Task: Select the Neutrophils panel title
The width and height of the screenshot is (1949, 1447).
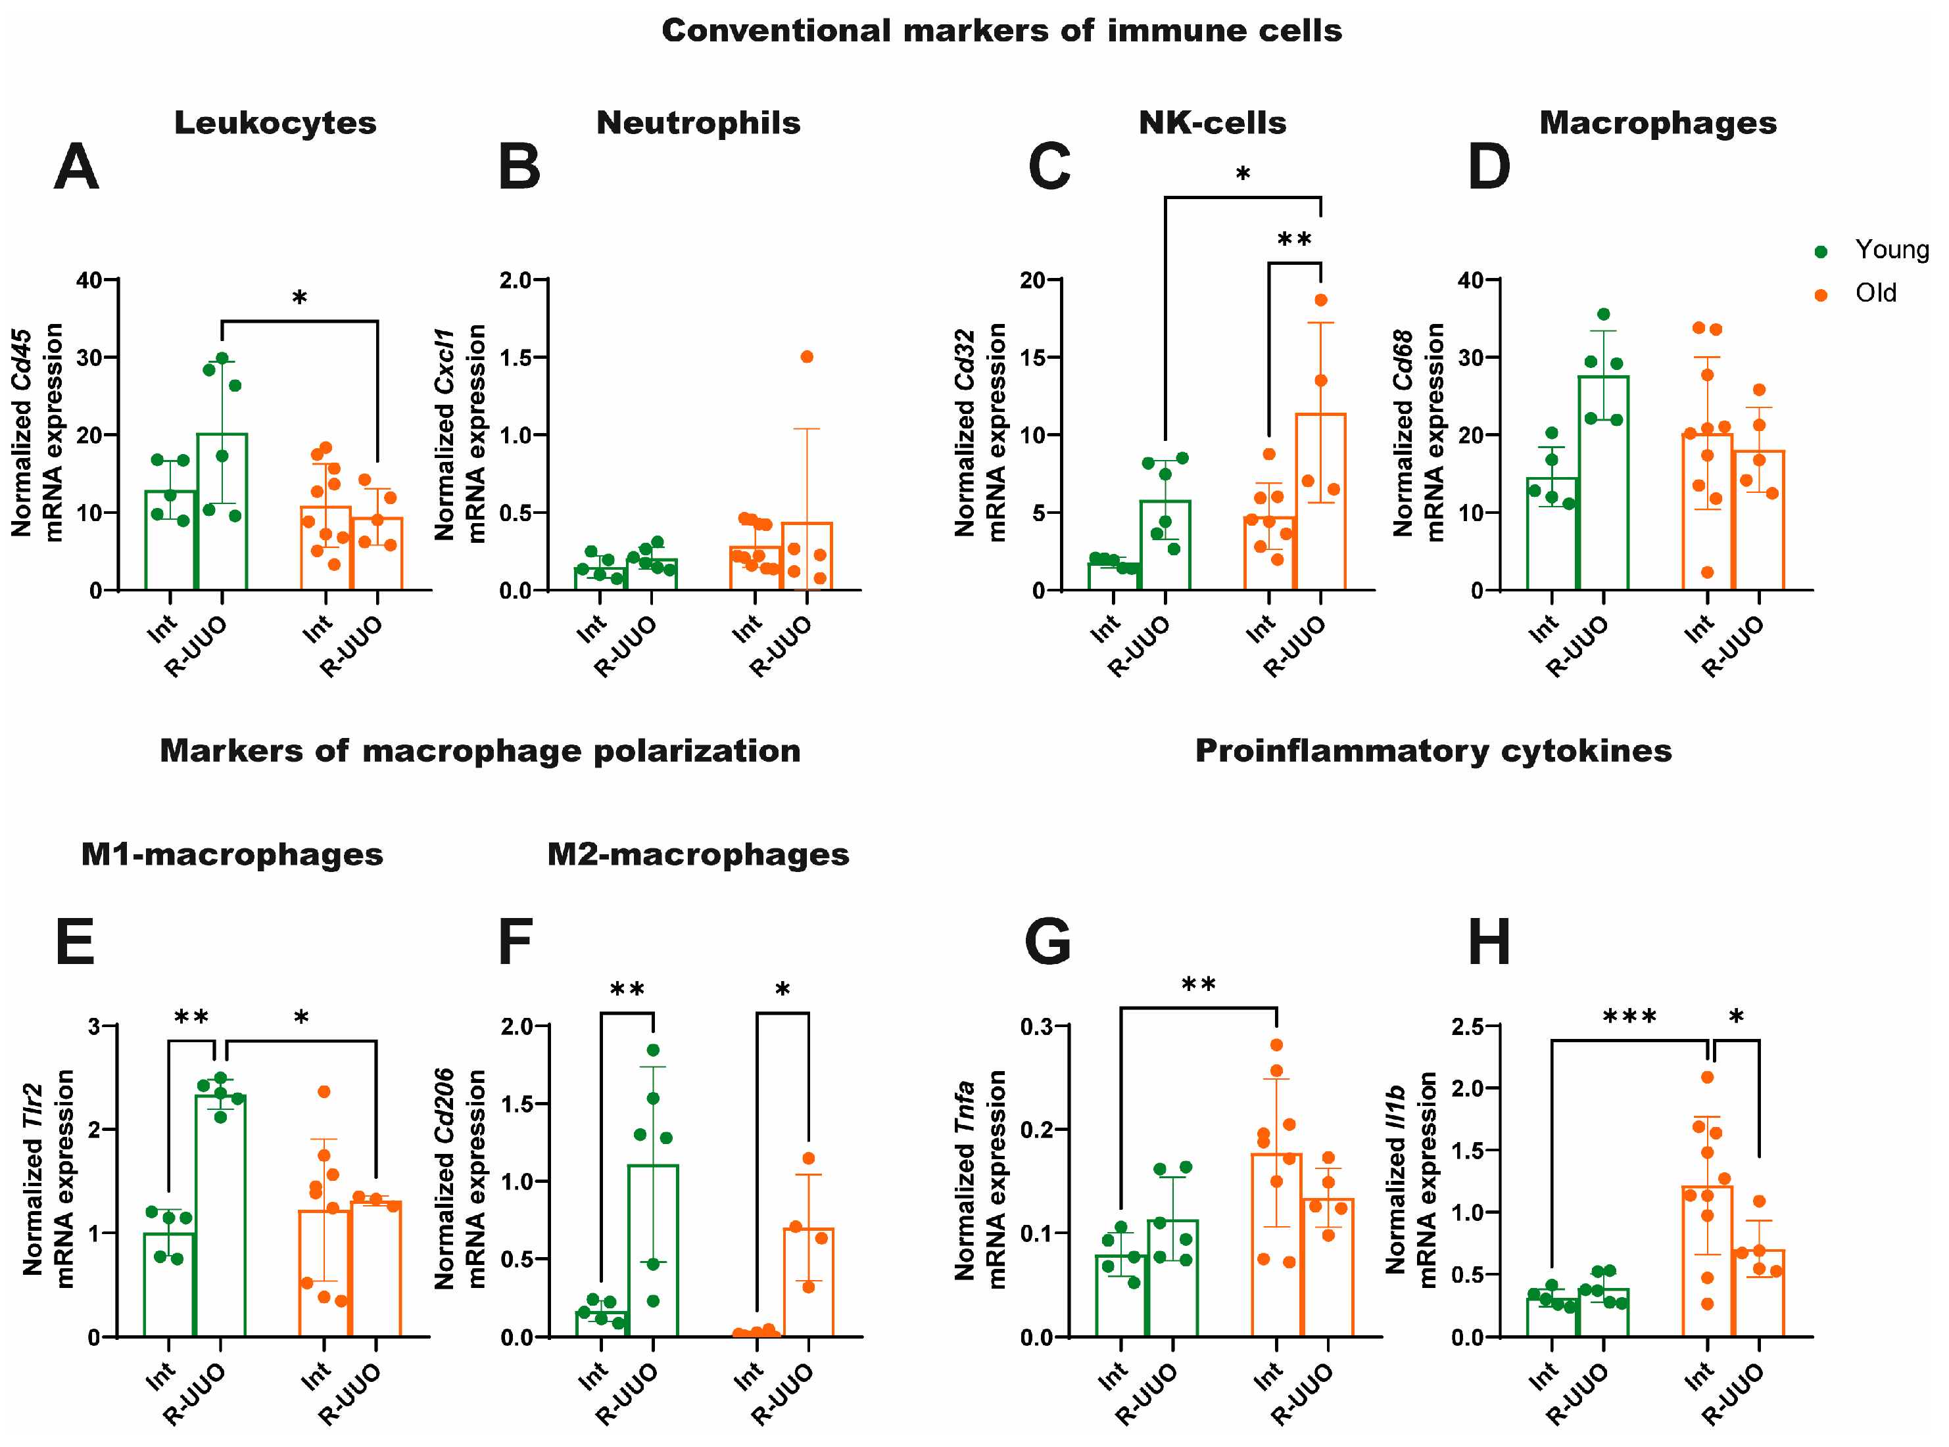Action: [698, 123]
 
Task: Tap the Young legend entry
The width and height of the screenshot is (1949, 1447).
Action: [1891, 250]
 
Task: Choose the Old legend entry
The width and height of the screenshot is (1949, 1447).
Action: [1875, 294]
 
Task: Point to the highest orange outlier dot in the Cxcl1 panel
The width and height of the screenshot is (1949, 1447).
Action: [806, 357]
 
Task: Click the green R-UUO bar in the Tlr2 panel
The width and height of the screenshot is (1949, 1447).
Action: [221, 1218]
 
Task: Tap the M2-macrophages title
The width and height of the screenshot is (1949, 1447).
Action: [698, 854]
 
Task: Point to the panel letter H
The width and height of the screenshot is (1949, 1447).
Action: [1488, 942]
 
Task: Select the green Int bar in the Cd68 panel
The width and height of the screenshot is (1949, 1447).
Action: [1551, 534]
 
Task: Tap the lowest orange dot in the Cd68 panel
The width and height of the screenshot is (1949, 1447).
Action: [1707, 573]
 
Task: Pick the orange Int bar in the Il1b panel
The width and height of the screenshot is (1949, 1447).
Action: [1707, 1261]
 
